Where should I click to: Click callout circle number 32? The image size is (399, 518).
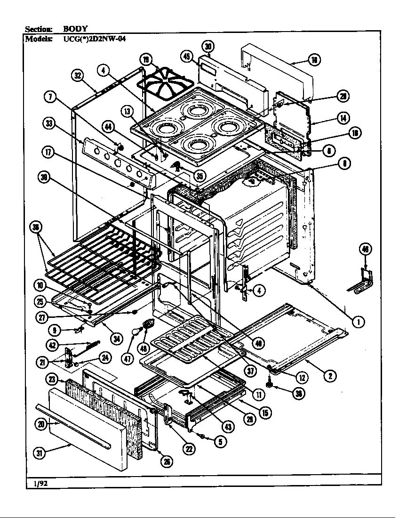[x=78, y=75]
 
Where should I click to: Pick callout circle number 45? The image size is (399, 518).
[x=187, y=57]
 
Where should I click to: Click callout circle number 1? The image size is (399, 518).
[x=359, y=322]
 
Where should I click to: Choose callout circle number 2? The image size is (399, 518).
[x=331, y=375]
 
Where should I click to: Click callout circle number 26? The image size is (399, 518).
[x=167, y=462]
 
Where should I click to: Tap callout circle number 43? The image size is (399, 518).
[x=228, y=427]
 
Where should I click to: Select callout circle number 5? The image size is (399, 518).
[x=219, y=441]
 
